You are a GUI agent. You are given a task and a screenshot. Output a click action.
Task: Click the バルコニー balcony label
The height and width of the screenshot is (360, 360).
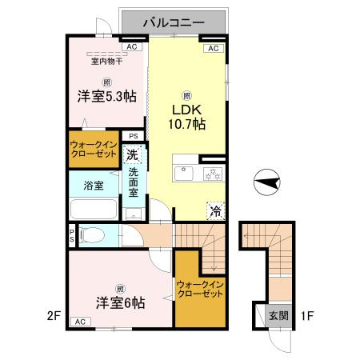click(174, 23)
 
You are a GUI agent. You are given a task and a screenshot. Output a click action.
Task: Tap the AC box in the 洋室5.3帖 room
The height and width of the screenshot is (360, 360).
click(132, 47)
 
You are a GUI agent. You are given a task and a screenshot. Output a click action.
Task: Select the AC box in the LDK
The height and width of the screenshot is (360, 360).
click(214, 48)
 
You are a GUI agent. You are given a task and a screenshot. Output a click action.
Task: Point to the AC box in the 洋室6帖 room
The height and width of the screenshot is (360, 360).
click(81, 322)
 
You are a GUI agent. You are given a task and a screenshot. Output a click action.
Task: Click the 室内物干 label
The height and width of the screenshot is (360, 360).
click(107, 62)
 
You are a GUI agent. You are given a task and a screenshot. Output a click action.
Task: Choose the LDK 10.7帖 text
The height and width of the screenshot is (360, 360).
click(187, 117)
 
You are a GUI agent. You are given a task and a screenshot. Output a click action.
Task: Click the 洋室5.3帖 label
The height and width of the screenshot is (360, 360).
click(107, 97)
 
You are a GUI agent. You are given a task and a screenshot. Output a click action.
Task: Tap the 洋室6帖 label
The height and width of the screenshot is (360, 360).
click(121, 302)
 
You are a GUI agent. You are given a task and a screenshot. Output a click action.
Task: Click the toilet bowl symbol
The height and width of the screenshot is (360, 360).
click(91, 235)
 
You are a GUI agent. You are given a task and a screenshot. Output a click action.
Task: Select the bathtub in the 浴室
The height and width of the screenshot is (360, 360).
click(94, 209)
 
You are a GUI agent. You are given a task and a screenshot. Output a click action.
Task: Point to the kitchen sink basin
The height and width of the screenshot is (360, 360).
click(184, 173)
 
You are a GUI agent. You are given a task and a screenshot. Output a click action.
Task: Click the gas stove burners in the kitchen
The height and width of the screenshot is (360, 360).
click(213, 174)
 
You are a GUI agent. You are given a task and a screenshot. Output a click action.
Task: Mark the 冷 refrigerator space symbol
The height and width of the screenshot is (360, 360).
click(215, 211)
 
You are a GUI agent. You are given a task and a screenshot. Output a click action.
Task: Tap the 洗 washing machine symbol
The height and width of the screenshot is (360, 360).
click(132, 154)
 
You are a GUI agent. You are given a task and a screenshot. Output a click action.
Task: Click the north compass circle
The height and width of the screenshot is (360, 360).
click(267, 182)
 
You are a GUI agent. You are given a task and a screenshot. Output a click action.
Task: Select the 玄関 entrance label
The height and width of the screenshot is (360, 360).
click(278, 316)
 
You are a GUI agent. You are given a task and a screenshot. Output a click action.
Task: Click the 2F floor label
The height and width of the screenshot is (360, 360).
click(54, 316)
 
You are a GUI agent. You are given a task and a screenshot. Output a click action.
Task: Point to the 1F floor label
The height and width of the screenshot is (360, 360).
click(307, 316)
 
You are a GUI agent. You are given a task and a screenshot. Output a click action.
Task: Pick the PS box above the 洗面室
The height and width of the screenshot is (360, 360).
click(134, 136)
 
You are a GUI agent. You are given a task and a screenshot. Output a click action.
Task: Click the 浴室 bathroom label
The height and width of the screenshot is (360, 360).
click(94, 186)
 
